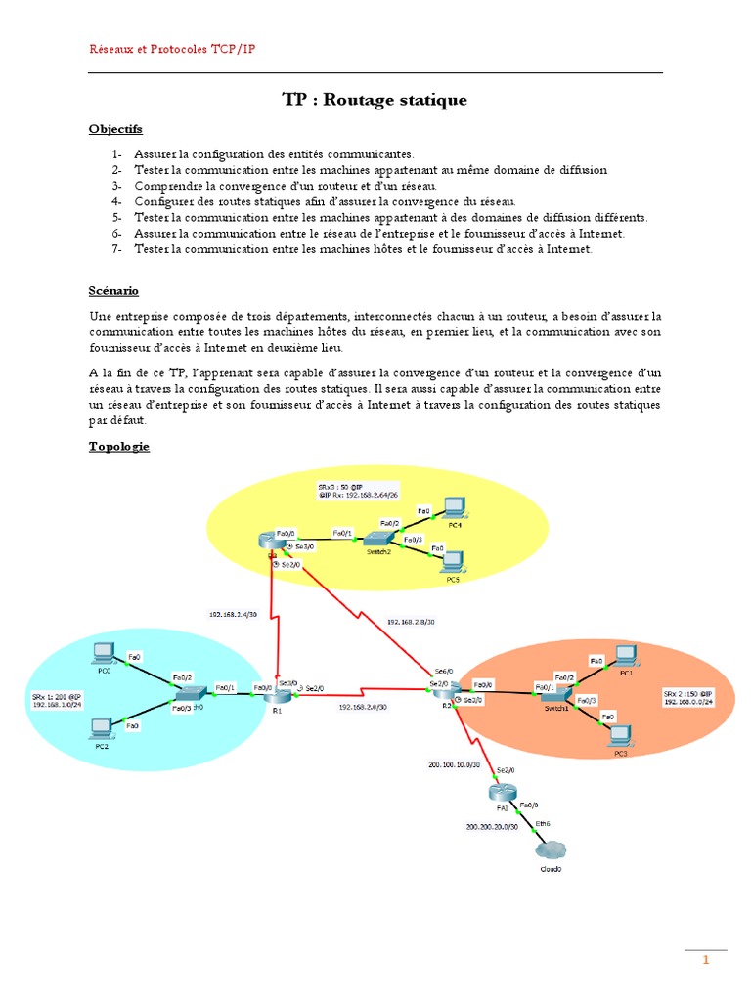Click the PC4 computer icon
click(453, 506)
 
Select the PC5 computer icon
click(453, 560)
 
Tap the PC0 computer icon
click(103, 652)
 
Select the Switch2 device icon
click(376, 538)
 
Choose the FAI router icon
click(500, 793)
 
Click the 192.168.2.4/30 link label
click(233, 615)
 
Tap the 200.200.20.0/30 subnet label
click(491, 827)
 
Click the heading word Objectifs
click(114, 128)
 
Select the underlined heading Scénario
click(113, 290)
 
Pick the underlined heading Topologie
click(118, 446)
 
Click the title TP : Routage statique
click(375, 100)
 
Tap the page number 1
click(705, 961)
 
